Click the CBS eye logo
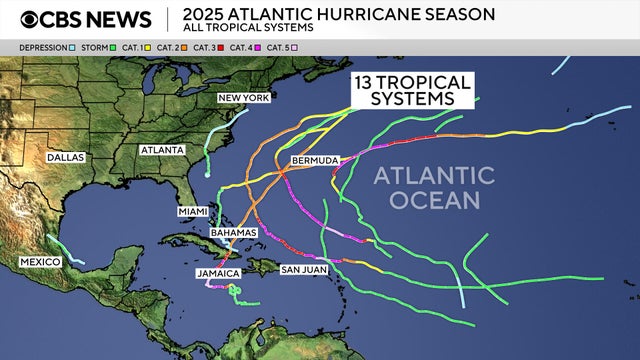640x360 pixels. point(32,19)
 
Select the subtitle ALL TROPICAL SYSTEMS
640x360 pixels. point(243,28)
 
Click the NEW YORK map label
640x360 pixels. point(243,98)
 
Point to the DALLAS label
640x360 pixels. point(65,157)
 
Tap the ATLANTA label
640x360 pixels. point(163,150)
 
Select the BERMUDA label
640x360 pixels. point(314,160)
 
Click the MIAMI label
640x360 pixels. point(192,211)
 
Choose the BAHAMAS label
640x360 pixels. point(234,232)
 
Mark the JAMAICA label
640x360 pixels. point(218,272)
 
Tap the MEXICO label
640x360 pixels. point(40,262)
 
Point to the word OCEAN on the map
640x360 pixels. point(434,200)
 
